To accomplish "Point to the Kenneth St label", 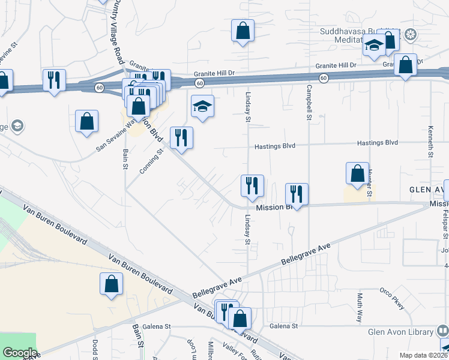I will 431,142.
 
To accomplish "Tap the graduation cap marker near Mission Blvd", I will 202,106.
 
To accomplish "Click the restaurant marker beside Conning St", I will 181,138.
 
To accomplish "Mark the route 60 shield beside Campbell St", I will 324,78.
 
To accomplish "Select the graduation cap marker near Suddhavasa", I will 373,46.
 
